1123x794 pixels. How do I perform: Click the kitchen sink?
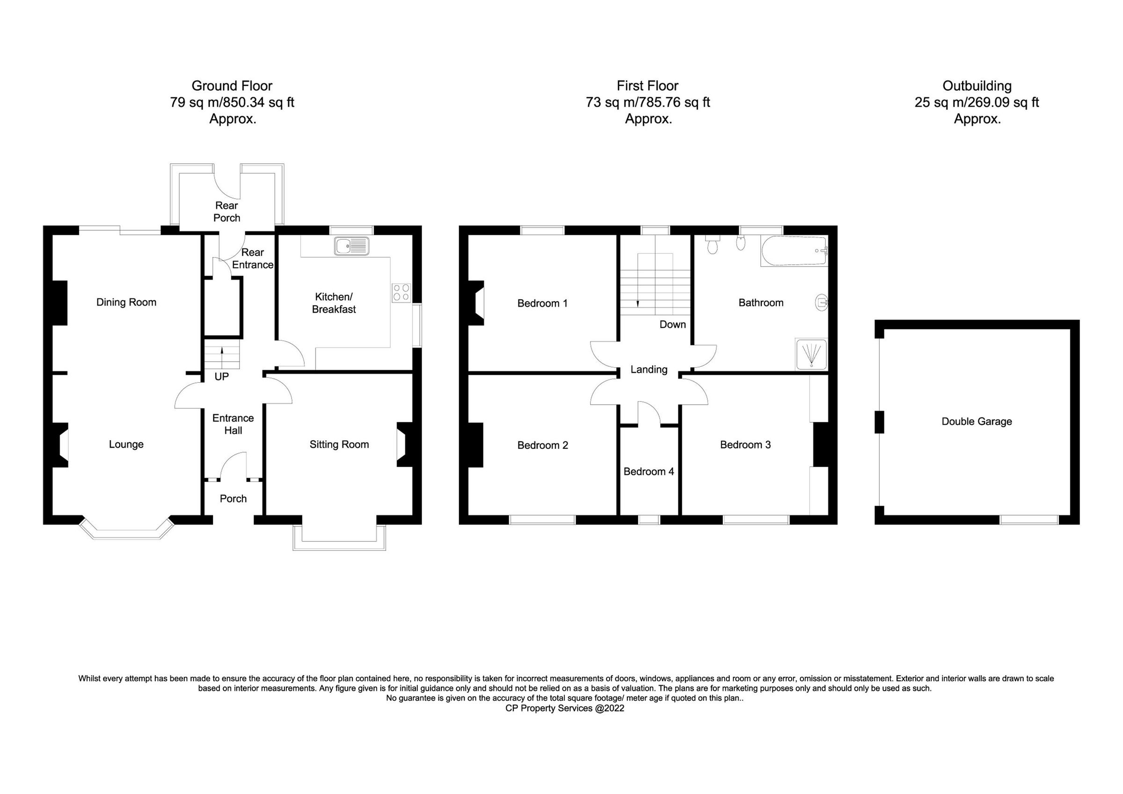[x=352, y=246]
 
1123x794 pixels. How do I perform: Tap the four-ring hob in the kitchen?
[x=401, y=292]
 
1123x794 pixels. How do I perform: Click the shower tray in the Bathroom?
[x=811, y=354]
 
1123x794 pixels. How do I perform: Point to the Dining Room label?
[x=126, y=302]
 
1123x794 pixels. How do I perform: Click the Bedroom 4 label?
[x=649, y=472]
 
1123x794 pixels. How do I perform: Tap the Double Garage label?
[x=977, y=422]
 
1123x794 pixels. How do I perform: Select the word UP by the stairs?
[x=222, y=377]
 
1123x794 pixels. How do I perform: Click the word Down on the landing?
[x=672, y=324]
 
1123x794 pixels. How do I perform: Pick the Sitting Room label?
[x=339, y=444]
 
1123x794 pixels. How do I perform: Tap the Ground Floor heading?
[x=232, y=86]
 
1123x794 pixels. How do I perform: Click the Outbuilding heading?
[x=977, y=86]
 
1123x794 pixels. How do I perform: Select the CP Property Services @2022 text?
[x=565, y=708]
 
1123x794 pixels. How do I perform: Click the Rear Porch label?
[x=227, y=212]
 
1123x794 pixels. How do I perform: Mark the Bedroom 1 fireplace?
[x=476, y=303]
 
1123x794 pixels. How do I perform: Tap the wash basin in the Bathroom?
[x=821, y=303]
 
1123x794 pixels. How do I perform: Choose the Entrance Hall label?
[x=233, y=424]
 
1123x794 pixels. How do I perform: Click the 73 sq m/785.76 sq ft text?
[x=648, y=103]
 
